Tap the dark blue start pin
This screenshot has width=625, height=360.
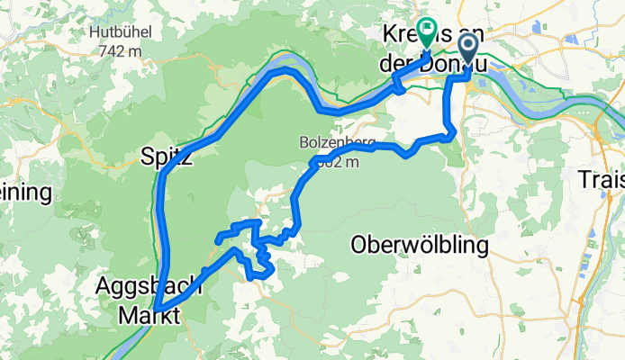tap(469, 50)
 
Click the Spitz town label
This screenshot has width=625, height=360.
tap(167, 157)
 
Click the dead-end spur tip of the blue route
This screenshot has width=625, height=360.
tap(218, 238)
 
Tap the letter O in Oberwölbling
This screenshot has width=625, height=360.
tap(358, 244)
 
